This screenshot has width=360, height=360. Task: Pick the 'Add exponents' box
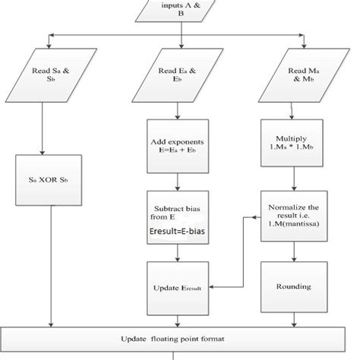point(177,146)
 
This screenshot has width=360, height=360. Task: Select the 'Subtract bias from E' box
point(177,216)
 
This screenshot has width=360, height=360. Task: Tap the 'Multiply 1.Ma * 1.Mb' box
point(293,146)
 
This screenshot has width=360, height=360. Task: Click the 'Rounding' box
point(293,288)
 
